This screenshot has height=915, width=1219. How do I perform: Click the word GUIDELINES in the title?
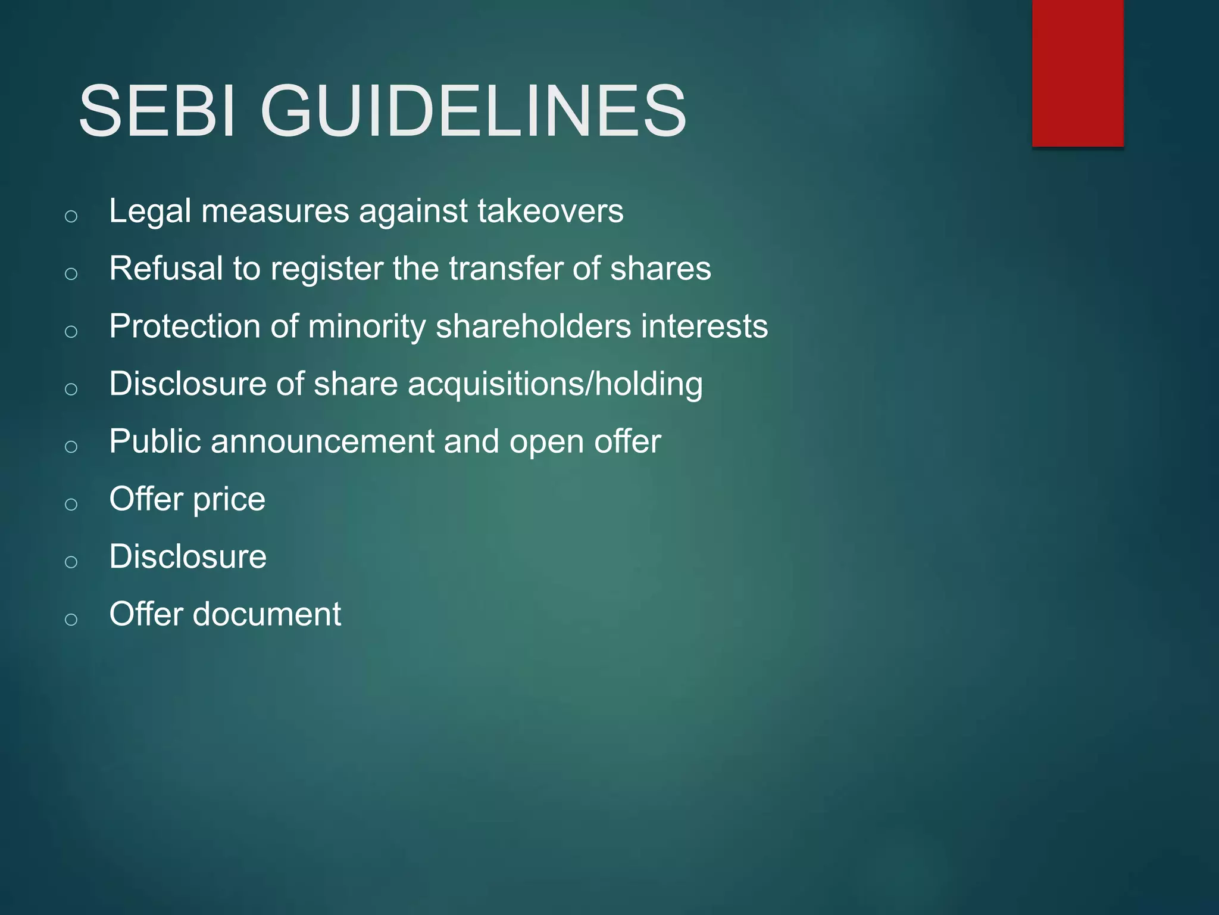point(473,111)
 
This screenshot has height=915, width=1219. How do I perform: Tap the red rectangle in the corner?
point(1077,73)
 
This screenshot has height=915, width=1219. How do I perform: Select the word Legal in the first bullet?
point(150,212)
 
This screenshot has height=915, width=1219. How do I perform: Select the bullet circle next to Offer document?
point(71,620)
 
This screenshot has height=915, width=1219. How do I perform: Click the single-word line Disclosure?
point(187,557)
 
